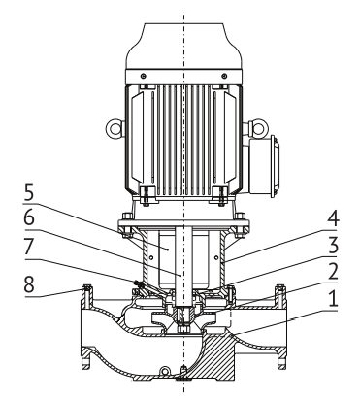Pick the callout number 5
[28, 193]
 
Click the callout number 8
[29, 284]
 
